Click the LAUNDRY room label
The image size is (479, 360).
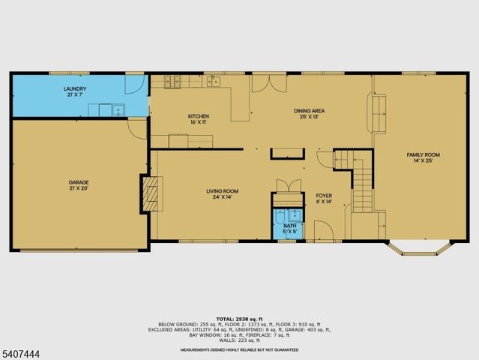click(x=74, y=89)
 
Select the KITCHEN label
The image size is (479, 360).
click(x=198, y=116)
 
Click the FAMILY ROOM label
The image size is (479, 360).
click(x=423, y=154)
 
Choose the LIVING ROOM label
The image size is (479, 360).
click(x=222, y=191)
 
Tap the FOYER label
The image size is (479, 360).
click(x=323, y=195)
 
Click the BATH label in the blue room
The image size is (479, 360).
click(x=289, y=225)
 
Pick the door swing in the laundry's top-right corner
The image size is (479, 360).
click(x=133, y=82)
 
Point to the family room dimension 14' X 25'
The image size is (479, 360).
click(x=423, y=160)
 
